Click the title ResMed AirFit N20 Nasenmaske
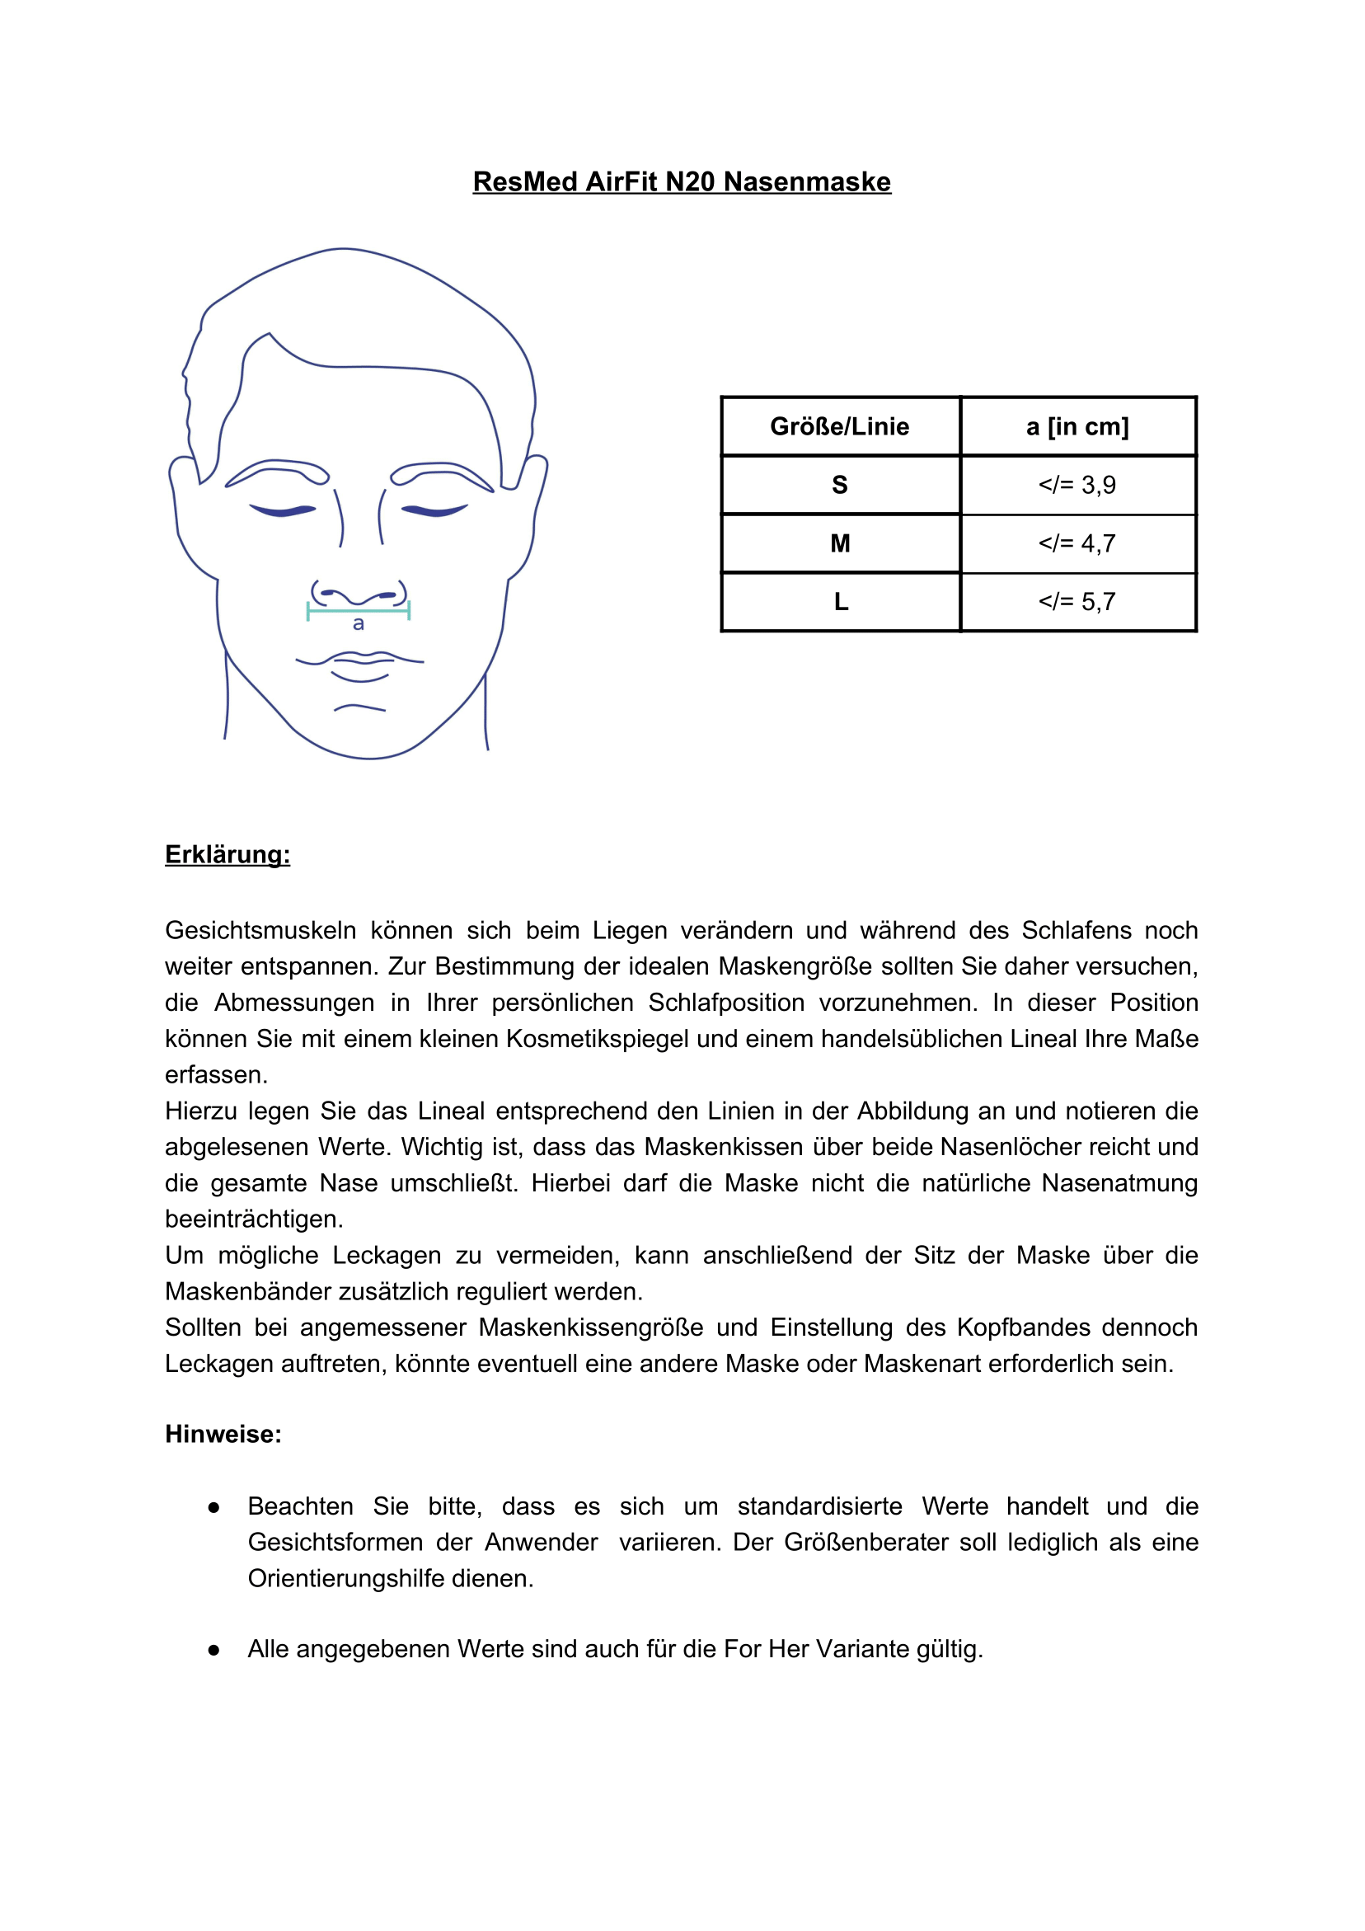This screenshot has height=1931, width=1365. [681, 181]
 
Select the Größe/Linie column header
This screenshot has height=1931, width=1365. [839, 426]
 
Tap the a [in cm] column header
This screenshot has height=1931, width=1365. [1077, 426]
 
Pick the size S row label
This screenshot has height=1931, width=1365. [839, 485]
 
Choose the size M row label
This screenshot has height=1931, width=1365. [839, 543]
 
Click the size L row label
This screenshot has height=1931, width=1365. [839, 601]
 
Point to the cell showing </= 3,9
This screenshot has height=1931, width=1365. [1077, 485]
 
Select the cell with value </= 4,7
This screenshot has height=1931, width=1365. [1077, 543]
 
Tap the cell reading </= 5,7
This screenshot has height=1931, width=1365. [1077, 601]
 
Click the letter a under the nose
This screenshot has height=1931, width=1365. [359, 624]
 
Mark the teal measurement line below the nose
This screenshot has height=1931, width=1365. [359, 612]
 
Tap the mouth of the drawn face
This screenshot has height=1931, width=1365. [360, 662]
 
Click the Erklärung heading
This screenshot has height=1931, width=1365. [227, 854]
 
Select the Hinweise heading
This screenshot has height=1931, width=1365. [223, 1434]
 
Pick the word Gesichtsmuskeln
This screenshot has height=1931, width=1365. [260, 930]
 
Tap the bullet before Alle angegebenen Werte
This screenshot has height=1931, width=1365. [213, 1650]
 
